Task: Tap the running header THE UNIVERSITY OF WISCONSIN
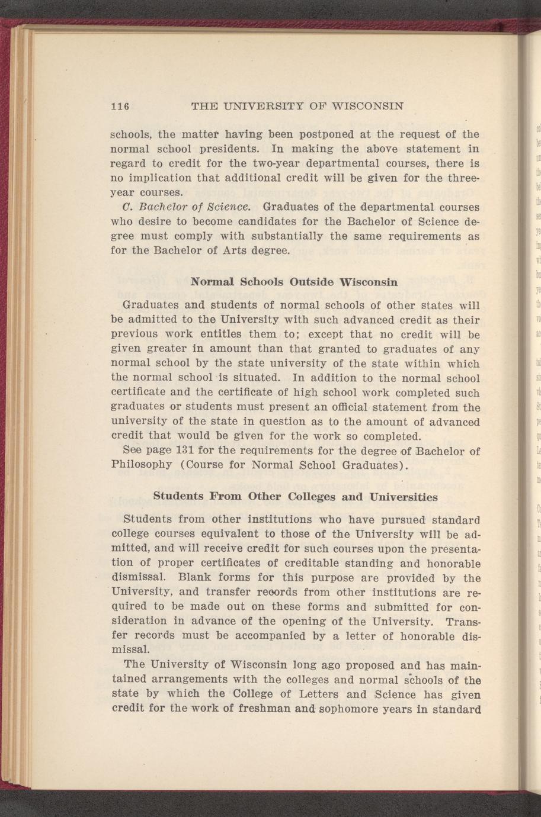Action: tap(298, 107)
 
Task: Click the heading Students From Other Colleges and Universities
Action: tap(296, 496)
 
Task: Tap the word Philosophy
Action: tap(142, 465)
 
